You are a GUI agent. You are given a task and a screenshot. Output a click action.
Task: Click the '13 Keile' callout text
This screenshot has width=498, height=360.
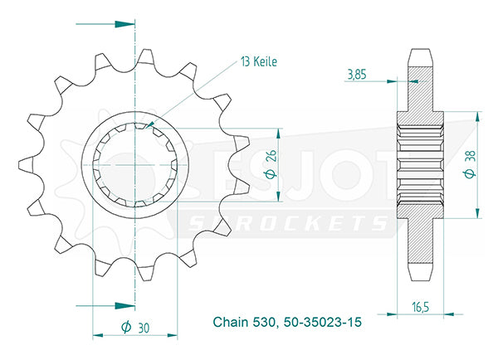coord(259,61)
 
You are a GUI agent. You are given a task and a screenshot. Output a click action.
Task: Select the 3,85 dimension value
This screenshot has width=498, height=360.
coord(357,75)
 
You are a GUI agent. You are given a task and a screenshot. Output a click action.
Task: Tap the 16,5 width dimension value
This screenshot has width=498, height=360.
coord(421,307)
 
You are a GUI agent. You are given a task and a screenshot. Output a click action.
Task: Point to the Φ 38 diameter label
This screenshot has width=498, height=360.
coord(470,164)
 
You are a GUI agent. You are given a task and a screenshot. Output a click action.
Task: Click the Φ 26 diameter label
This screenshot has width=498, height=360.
coord(271,164)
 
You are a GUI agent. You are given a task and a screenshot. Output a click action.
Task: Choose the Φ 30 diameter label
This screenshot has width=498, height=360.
coord(135,328)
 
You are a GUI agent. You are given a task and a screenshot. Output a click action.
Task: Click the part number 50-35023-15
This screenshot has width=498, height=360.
coord(323,322)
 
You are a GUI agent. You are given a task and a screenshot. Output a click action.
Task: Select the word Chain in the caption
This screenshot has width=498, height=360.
coord(231,322)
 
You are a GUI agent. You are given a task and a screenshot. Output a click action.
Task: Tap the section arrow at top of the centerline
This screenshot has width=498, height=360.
coord(124,24)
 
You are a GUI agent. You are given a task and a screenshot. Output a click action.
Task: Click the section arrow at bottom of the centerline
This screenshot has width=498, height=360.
coord(124,306)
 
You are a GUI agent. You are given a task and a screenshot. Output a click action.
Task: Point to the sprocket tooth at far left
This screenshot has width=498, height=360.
coord(26,165)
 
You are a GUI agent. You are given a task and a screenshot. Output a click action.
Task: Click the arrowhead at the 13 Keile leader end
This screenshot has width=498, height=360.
coord(150,124)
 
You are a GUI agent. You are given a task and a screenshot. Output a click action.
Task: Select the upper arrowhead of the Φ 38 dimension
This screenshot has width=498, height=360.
coord(477,116)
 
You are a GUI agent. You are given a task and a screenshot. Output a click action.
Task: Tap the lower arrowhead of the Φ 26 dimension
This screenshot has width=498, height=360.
coord(279,197)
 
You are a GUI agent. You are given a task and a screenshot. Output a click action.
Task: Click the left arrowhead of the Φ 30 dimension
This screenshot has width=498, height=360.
coord(98,335)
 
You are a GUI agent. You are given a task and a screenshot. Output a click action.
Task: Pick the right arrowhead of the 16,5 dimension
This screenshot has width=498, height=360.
coord(449,314)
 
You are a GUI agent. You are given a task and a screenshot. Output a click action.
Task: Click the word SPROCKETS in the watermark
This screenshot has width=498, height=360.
coord(288,223)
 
